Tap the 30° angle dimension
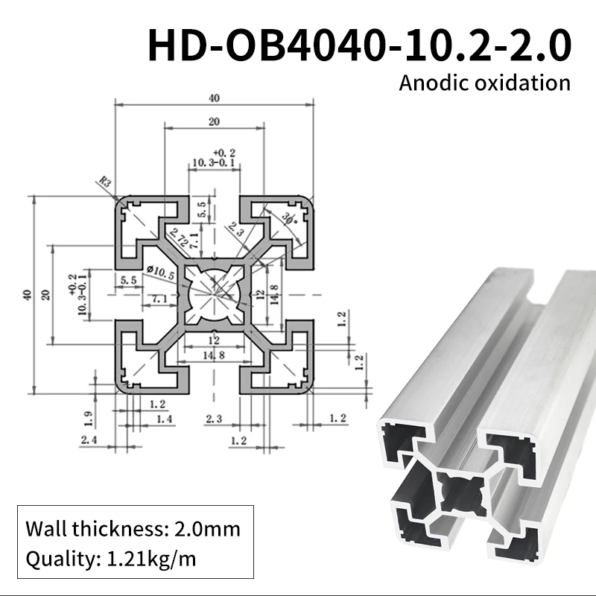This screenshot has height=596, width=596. pyautogui.click(x=288, y=218)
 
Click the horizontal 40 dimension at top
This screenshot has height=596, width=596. pyautogui.click(x=214, y=98)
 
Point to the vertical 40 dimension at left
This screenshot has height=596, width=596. pyautogui.click(x=28, y=295)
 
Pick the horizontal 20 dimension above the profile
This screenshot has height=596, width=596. pyautogui.click(x=214, y=121)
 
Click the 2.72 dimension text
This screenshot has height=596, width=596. pyautogui.click(x=176, y=236)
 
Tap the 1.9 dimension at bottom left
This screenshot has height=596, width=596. pyautogui.click(x=88, y=414)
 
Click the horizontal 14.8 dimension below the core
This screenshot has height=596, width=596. pyautogui.click(x=214, y=355)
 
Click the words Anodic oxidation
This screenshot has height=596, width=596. pyautogui.click(x=484, y=82)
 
